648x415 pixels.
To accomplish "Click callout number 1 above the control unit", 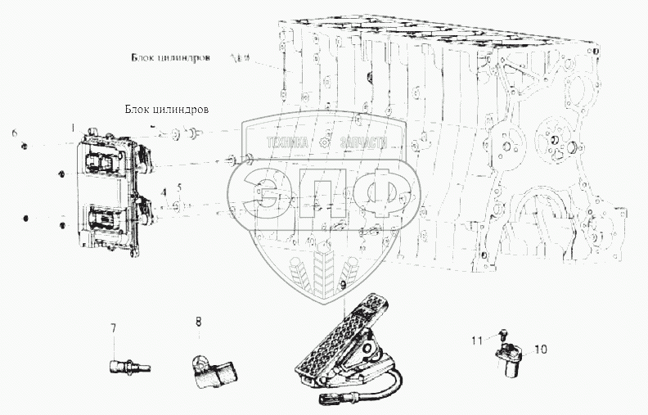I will [73, 127].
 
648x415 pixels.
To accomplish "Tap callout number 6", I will [14, 133].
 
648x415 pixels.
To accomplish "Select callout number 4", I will [163, 192].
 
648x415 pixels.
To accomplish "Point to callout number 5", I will [179, 187].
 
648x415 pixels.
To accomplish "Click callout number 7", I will [114, 328].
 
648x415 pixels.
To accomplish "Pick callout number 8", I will [198, 322].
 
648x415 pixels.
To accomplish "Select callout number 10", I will [541, 349].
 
